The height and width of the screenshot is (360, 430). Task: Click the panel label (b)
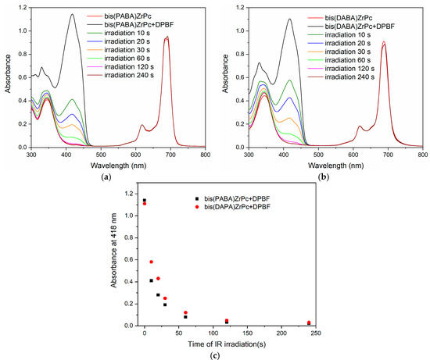pos(322,177)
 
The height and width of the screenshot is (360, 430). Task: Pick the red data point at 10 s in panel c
pos(151,262)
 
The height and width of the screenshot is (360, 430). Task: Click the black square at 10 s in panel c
pos(151,280)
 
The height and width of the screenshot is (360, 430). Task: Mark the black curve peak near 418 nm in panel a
pos(72,14)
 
